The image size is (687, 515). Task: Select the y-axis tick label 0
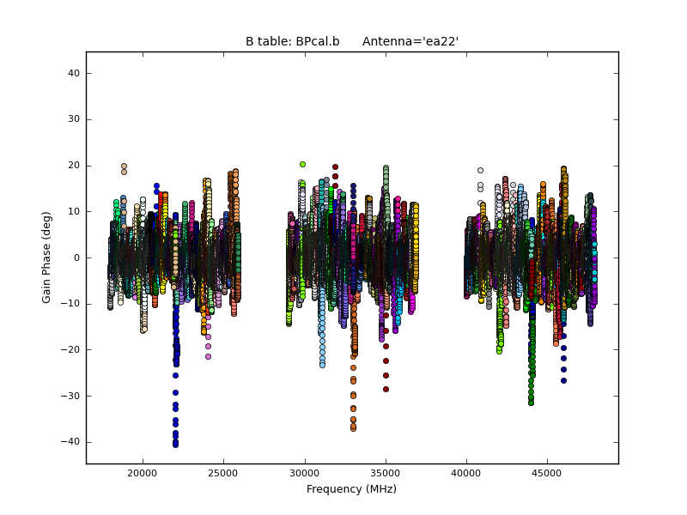(76, 257)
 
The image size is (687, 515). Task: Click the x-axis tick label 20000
(143, 473)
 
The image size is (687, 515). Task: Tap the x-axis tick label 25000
(223, 473)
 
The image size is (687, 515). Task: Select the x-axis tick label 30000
(305, 473)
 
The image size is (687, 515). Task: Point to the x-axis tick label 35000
(386, 473)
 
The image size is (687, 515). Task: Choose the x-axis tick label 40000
(466, 473)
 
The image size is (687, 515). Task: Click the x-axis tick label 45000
(548, 473)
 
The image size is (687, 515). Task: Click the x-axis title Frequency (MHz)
(351, 489)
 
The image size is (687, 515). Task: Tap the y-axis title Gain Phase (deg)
(47, 257)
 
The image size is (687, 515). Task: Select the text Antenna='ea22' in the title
(404, 41)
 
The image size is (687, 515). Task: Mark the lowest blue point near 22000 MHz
(175, 445)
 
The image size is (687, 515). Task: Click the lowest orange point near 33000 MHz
(353, 427)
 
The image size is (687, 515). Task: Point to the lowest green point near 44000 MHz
(531, 402)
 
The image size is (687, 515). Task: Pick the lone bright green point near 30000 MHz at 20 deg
(302, 164)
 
